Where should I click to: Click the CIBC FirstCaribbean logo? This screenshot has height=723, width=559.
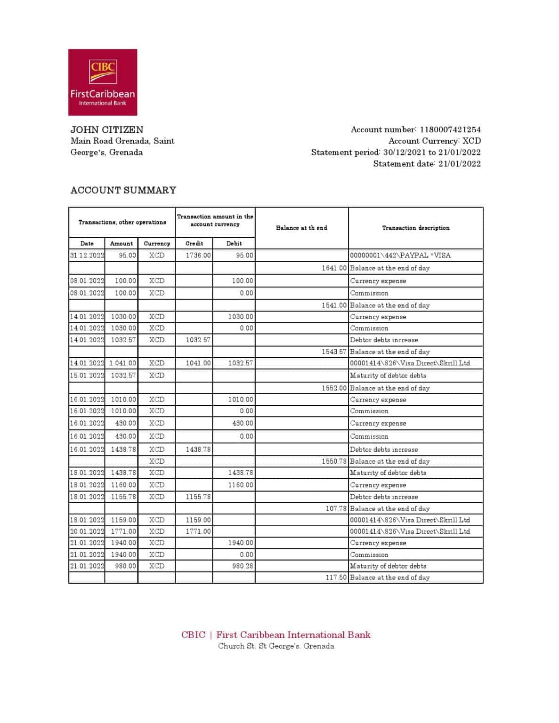[x=103, y=82]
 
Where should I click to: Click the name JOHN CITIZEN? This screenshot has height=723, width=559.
[x=107, y=129]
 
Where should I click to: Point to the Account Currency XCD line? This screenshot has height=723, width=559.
[x=434, y=141]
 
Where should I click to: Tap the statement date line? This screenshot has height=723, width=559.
[x=427, y=164]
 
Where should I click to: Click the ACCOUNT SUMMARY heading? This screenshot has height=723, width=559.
[x=123, y=190]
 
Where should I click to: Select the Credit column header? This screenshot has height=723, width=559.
[x=194, y=243]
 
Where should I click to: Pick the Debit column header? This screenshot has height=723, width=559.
[x=234, y=243]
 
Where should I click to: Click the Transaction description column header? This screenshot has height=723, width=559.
[x=415, y=228]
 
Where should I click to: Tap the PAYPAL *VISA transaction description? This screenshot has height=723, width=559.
[x=400, y=255]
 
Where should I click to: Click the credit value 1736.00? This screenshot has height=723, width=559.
[x=198, y=255]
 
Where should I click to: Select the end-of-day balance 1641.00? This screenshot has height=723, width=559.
[x=334, y=268]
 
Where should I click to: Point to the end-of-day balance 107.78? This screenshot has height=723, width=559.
[x=336, y=508]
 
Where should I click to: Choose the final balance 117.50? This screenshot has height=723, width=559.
[x=336, y=577]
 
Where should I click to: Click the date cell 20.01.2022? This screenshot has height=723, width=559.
[x=87, y=531]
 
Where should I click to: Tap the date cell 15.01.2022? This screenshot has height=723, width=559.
[x=87, y=375]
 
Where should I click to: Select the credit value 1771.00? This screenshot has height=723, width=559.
[x=198, y=531]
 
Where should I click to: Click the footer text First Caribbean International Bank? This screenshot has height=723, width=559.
[x=293, y=635]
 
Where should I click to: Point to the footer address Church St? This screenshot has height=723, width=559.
[x=276, y=646]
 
